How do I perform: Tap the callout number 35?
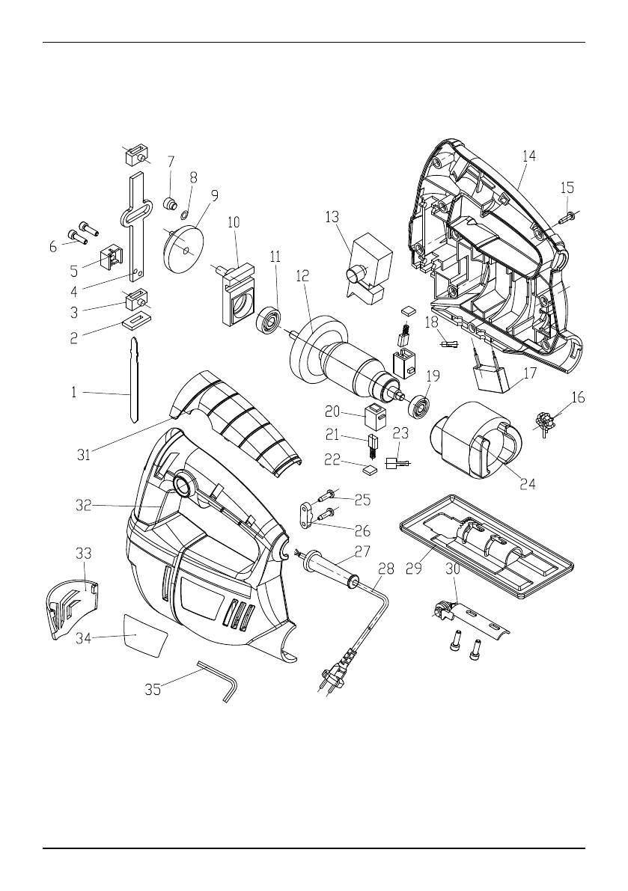coord(153,690)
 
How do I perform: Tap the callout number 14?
coord(529,156)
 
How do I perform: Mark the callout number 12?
coord(302,276)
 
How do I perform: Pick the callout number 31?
coord(84,454)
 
